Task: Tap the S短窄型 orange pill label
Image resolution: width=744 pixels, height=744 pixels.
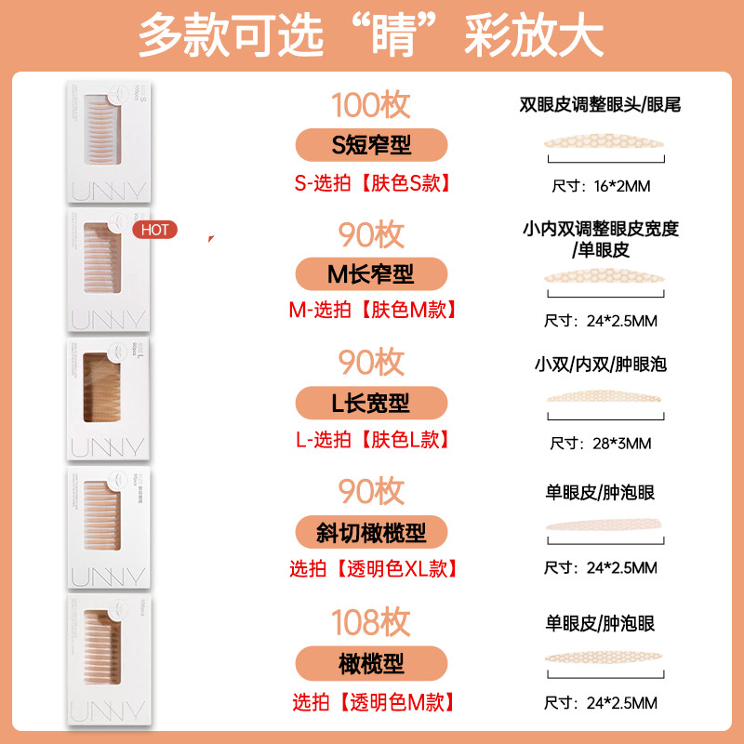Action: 371,145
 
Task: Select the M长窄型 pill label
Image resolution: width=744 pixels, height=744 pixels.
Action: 371,274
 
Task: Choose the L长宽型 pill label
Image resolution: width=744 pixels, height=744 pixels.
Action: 371,404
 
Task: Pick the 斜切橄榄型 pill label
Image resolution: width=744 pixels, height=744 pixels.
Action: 371,533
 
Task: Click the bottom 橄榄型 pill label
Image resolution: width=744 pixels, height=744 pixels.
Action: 371,663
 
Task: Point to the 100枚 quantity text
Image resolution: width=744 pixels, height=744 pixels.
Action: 371,105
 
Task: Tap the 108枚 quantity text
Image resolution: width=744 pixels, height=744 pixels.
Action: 371,622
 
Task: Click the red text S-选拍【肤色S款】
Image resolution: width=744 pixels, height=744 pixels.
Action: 372,182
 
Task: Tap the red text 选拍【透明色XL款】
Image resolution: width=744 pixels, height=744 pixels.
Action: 372,569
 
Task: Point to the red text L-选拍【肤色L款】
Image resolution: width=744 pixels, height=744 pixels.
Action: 372,440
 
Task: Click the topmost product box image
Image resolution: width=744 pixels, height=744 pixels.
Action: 106,142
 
